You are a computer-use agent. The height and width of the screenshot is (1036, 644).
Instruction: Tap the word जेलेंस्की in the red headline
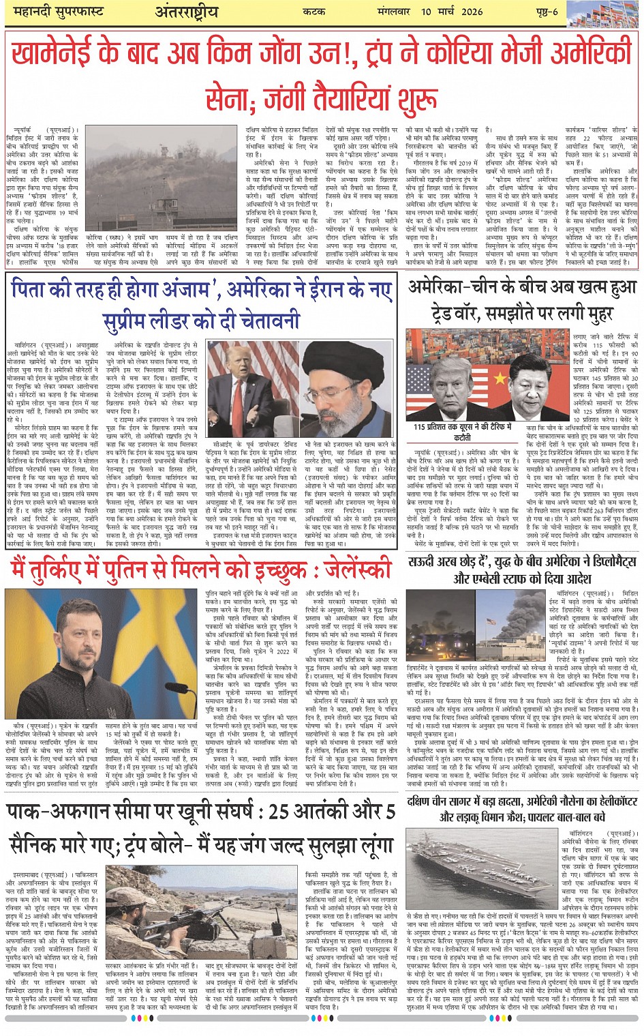click(354, 567)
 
